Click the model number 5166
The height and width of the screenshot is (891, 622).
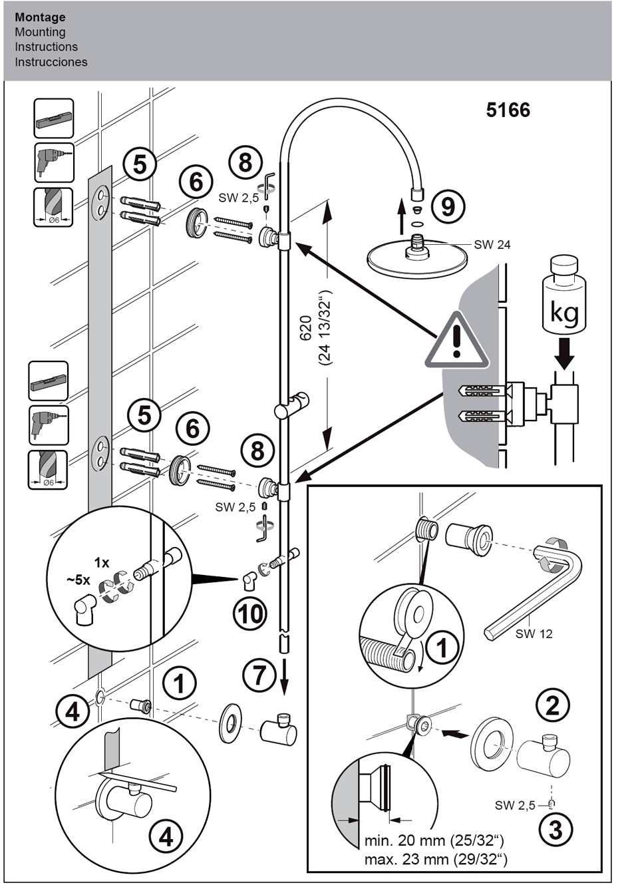pyautogui.click(x=508, y=110)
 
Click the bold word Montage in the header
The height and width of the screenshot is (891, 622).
pyautogui.click(x=40, y=17)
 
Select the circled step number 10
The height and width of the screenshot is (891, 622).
pyautogui.click(x=250, y=613)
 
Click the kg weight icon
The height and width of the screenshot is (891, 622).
pyautogui.click(x=565, y=299)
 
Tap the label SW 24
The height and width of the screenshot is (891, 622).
pyautogui.click(x=492, y=245)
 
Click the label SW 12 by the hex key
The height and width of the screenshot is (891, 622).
pyautogui.click(x=534, y=633)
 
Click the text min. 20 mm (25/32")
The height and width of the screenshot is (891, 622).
pyautogui.click(x=434, y=841)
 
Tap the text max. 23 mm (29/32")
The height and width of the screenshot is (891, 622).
pyautogui.click(x=435, y=859)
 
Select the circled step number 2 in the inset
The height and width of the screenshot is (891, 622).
pyautogui.click(x=553, y=705)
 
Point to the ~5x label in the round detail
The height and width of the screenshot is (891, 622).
pyautogui.click(x=78, y=580)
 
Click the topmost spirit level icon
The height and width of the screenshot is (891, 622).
pyautogui.click(x=54, y=119)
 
